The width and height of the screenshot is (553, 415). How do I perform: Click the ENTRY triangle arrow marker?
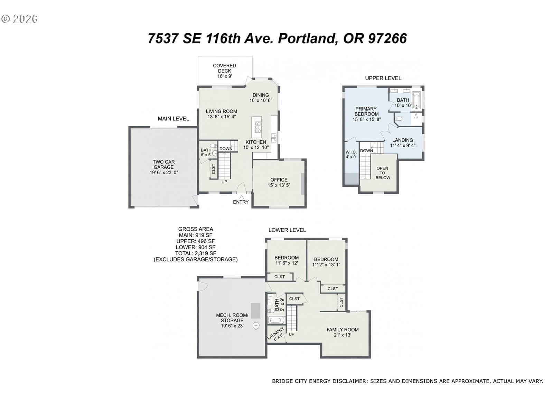(241, 197)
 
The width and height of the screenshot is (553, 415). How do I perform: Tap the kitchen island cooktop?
(258, 127)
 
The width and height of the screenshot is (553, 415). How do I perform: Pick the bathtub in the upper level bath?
(416, 100)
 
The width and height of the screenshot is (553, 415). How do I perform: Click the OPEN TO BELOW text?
(383, 173)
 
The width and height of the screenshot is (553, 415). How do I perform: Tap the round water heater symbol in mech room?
(256, 326)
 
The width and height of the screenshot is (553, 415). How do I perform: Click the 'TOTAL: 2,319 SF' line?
(196, 253)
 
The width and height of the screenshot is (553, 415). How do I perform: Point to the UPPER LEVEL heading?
(383, 79)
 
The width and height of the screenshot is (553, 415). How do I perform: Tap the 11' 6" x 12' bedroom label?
(287, 263)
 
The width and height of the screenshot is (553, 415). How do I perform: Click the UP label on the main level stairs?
(224, 182)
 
